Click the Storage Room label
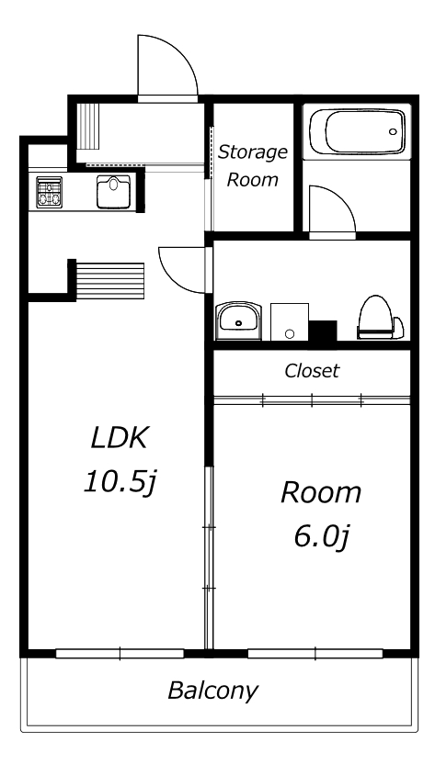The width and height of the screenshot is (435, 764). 252,165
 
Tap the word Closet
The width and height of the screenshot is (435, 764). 312,371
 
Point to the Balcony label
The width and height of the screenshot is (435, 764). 212,691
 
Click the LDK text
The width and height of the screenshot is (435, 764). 118,437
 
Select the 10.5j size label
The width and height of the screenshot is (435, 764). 120,482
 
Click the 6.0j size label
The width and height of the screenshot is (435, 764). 321,537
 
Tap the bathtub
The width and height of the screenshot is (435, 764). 357,131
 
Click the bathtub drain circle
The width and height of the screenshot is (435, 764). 393,131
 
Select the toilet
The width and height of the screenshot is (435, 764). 381,317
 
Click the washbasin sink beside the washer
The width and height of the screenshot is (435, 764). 239,320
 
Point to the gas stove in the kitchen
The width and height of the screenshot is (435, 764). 50,192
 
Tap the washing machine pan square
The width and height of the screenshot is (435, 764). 290,321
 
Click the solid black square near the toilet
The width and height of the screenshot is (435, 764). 323,331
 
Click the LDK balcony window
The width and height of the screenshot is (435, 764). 120,654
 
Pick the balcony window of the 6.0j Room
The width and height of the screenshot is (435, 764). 315,654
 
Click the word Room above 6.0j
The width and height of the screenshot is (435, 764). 321,492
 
